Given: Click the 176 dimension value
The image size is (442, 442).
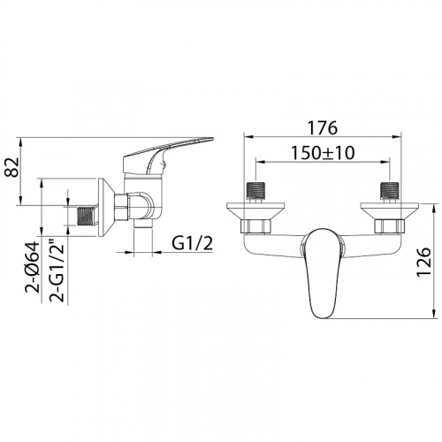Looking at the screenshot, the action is [322, 127].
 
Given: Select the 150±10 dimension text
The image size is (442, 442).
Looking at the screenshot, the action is [323, 153].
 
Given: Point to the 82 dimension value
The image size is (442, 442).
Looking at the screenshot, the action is [12, 167].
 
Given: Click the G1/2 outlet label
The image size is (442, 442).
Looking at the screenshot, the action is [192, 244].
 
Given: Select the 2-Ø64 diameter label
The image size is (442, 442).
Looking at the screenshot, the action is [33, 267].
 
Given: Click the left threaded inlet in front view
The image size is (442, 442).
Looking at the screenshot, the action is [255, 193].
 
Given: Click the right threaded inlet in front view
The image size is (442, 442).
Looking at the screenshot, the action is [390, 193].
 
